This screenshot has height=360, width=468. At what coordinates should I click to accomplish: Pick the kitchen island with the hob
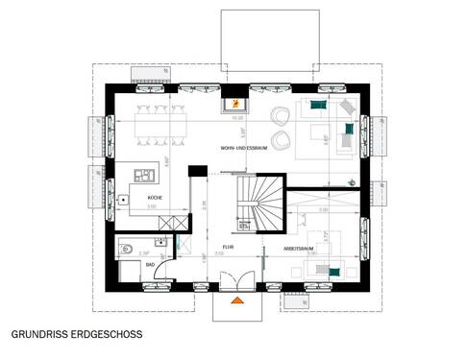pos(143,177)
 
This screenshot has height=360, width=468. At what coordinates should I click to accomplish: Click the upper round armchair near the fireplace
pos(280,114)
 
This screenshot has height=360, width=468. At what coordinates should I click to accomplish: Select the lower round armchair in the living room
pos(280,141)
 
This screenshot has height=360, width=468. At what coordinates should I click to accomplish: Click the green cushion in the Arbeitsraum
pos(333,272)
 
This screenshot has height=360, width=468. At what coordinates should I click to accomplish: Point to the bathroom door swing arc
pos(170,279)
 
